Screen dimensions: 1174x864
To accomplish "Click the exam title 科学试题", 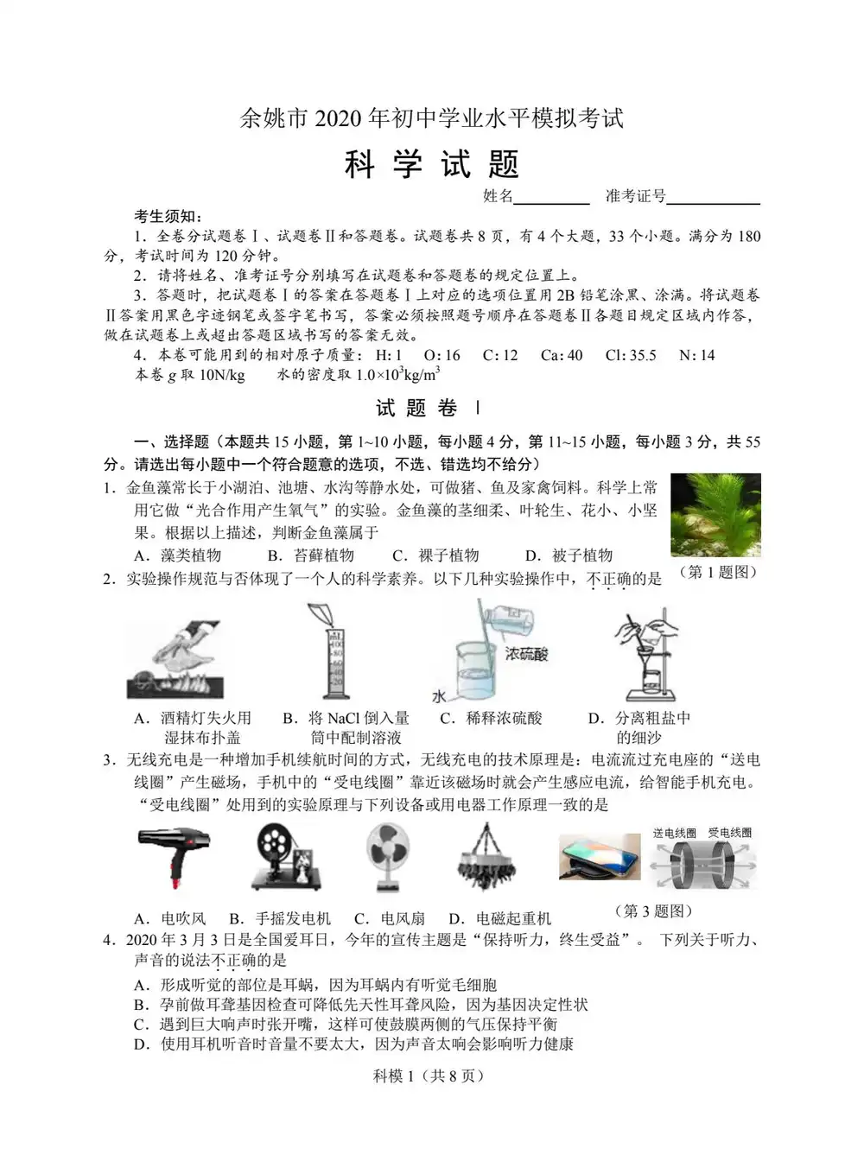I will coord(431,163).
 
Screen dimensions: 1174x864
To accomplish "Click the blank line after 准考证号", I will coord(713,198).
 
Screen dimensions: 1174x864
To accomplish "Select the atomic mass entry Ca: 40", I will coord(562,355).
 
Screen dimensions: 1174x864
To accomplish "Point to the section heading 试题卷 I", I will coord(429,408).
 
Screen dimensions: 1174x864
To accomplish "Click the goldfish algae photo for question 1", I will coord(715,515).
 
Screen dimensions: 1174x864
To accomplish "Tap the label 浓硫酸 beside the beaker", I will coord(527,654).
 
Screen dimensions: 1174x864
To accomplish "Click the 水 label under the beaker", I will coord(440,695).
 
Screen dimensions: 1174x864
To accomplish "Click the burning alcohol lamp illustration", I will coord(175,659).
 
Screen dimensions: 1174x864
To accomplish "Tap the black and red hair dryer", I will coord(173,856).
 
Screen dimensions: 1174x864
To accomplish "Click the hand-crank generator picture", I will coord(289,856).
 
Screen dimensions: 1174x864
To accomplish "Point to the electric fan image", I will coord(387,856).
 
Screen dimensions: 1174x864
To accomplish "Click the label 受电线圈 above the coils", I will coord(729,833).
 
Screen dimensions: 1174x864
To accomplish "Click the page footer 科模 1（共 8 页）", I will coord(429,1076).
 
